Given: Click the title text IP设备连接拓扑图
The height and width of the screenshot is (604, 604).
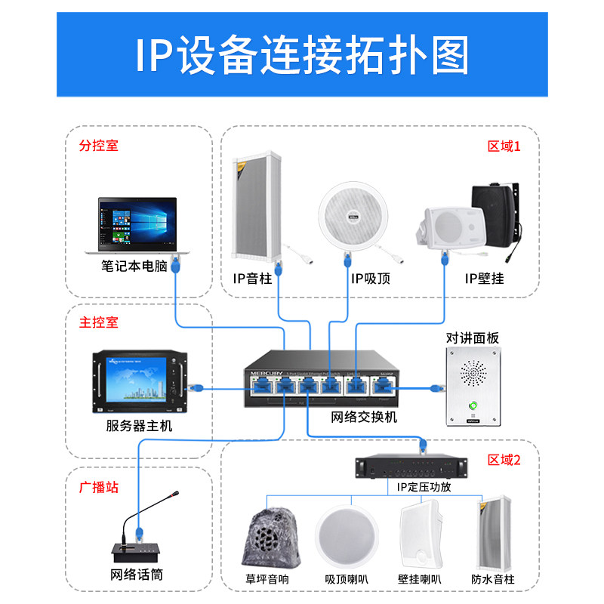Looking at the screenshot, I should coord(302,54).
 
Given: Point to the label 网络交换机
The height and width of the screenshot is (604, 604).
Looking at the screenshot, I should coord(364,417).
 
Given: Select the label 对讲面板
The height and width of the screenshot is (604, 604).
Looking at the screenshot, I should coord(473,337).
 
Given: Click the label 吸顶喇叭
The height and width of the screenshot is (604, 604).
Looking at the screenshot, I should coord(347,580).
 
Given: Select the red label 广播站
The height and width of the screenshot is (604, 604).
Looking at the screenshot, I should coord(99,487).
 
